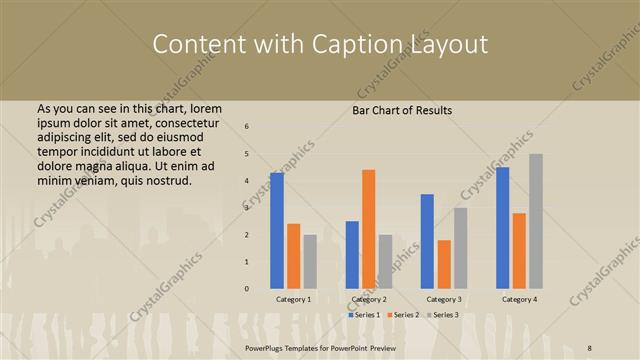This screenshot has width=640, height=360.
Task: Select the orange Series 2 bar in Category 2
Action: tap(369, 229)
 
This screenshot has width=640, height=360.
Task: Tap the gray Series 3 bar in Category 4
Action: tap(536, 221)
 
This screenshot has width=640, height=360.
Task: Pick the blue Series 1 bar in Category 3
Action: tap(427, 241)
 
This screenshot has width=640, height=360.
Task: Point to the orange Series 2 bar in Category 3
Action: tap(444, 264)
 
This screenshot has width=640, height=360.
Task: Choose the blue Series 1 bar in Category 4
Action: tap(502, 227)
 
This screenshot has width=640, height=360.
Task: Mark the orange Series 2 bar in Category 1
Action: tap(293, 256)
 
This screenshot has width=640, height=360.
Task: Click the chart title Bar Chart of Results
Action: tap(402, 110)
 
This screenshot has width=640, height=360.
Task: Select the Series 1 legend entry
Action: tap(364, 315)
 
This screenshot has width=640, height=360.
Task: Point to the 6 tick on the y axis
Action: tap(247, 126)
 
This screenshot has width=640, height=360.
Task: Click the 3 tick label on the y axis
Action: tap(247, 207)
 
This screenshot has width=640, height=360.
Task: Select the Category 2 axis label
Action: tap(369, 299)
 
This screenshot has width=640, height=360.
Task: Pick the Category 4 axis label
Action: tap(519, 299)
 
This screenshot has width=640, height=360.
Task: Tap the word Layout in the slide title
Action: tap(449, 45)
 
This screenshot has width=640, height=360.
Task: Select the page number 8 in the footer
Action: tap(590, 346)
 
